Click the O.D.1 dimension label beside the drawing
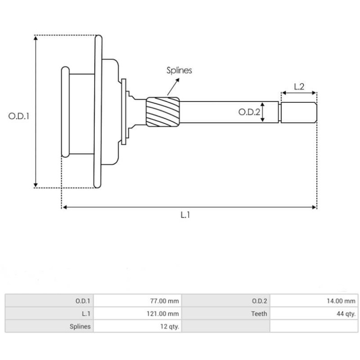[19, 116]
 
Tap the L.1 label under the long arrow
[185, 215]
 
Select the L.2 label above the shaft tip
[299, 86]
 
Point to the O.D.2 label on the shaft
[249, 112]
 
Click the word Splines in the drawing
[179, 70]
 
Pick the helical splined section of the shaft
[162, 112]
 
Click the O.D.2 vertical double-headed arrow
[263, 112]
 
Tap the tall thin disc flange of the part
[98, 112]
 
